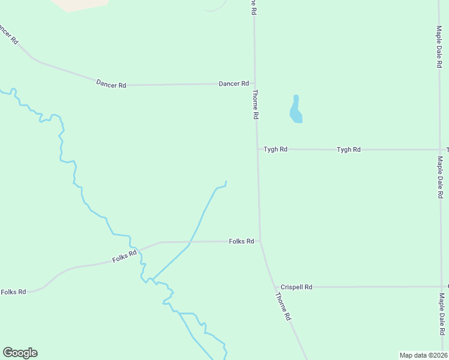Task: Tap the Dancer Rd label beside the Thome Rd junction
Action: tap(234, 84)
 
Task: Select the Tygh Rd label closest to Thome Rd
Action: tap(276, 149)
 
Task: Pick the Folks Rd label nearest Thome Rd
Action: tap(241, 241)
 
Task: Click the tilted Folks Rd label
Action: tap(124, 257)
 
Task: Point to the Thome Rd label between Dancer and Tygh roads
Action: tap(255, 104)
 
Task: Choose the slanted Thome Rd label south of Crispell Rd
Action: tap(283, 306)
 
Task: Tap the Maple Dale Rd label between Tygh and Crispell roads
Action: tap(439, 178)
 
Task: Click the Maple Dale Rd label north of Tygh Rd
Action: tap(439, 46)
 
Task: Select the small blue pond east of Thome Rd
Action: tap(296, 110)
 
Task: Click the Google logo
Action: tap(20, 353)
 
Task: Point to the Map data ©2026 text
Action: tap(423, 355)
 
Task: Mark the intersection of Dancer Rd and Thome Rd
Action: tap(255, 84)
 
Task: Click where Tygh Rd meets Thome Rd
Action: tap(258, 149)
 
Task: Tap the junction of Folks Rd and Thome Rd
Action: tap(260, 241)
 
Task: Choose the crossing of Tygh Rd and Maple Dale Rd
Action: tap(439, 149)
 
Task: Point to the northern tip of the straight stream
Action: tap(226, 182)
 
